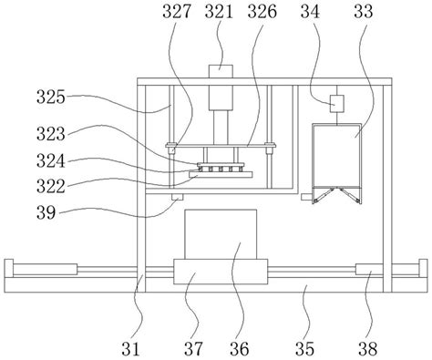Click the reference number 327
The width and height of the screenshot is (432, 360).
pos(177,12)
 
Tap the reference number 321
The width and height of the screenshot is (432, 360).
pos(219,12)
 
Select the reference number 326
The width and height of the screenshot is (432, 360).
pos(262,12)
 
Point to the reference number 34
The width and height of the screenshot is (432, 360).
pos(310,12)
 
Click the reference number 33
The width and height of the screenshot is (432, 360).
pos(363,12)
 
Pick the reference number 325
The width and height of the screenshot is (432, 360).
pos(51,98)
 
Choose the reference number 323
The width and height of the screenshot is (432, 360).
pos(51,134)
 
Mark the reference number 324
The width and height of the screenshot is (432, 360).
pos(51,160)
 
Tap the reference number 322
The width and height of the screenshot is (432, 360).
pos(51,186)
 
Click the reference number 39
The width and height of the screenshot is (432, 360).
pos(46,212)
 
